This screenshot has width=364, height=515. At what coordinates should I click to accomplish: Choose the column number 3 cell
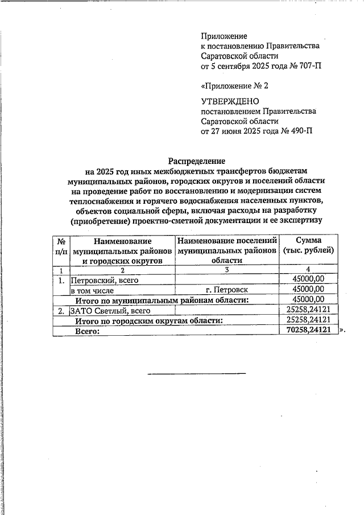[x=227, y=270]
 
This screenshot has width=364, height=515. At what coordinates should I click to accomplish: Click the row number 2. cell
[x=61, y=310]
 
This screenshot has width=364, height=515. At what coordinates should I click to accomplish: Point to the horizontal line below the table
[x=197, y=373]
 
